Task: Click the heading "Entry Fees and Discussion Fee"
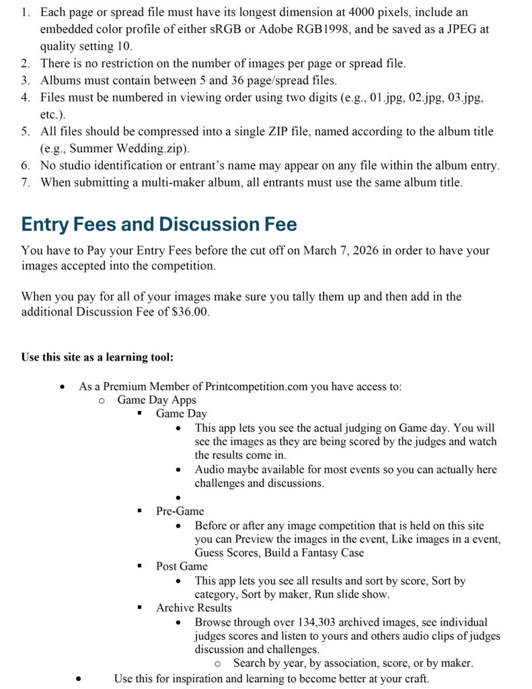click(159, 224)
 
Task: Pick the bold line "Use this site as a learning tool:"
click(98, 357)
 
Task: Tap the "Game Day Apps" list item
click(157, 400)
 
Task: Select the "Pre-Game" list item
click(180, 511)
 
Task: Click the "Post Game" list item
click(182, 566)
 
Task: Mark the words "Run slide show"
click(352, 594)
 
